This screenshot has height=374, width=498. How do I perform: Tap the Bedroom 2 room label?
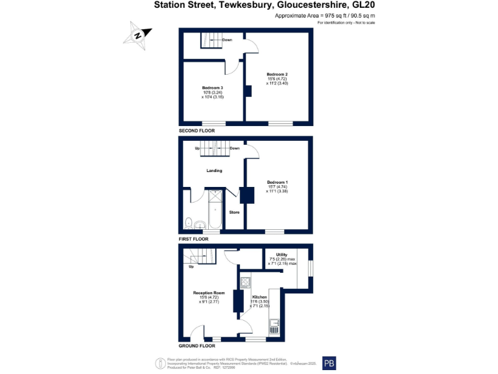point(278,74)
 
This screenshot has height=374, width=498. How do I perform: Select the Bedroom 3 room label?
point(212,88)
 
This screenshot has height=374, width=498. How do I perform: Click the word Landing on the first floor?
point(214,171)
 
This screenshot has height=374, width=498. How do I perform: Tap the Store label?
point(234,212)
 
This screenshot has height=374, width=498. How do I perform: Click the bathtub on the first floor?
point(213,209)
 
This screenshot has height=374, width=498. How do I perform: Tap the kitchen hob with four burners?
point(246,282)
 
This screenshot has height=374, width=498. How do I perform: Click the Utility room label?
point(282,255)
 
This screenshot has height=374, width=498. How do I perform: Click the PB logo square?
point(329,363)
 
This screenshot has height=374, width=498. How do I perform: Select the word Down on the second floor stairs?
point(227,40)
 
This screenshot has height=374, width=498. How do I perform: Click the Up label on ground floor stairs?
point(191,267)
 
